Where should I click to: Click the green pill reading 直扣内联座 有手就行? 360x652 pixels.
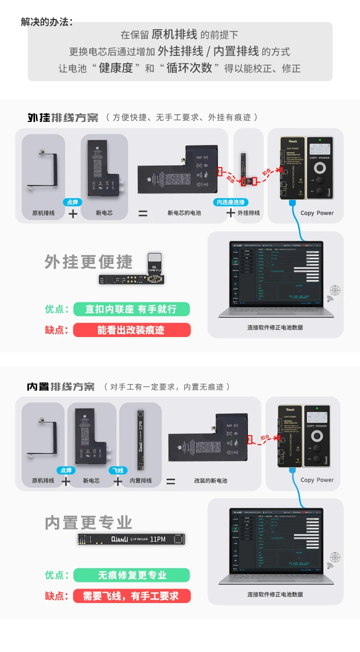click(x=132, y=309)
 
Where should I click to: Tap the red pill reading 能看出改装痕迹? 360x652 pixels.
click(x=132, y=330)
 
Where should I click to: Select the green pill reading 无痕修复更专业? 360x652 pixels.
click(x=132, y=575)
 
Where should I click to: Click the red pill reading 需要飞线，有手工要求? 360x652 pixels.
click(x=132, y=596)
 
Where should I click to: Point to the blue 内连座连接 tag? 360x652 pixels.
click(x=231, y=203)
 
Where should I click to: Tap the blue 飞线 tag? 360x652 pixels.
click(x=118, y=470)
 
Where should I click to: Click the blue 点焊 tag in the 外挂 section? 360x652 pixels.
click(x=73, y=203)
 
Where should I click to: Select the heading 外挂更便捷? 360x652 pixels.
click(x=88, y=262)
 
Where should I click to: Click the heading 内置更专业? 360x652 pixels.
click(x=88, y=522)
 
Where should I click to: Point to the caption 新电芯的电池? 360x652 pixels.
click(x=184, y=213)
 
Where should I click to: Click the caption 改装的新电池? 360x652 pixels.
click(x=211, y=481)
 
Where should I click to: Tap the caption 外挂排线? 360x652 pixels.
click(x=249, y=213)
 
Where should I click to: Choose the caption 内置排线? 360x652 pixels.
click(x=141, y=481)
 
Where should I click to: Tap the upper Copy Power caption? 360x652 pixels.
click(x=317, y=213)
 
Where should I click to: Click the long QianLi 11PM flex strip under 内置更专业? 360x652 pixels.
click(x=131, y=539)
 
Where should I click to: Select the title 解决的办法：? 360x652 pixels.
click(x=47, y=22)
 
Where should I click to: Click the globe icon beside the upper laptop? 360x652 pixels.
click(x=335, y=290)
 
